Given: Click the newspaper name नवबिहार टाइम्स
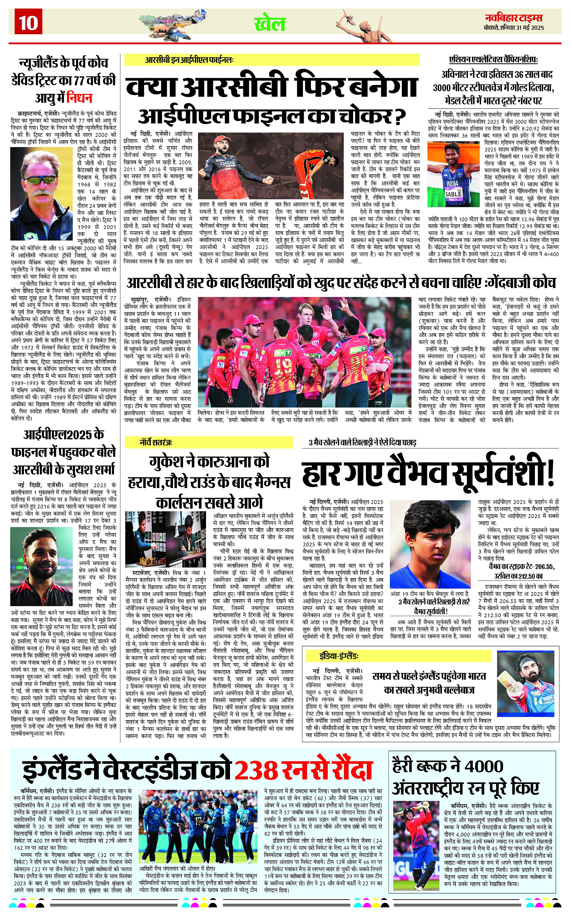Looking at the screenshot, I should pos(514,18).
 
